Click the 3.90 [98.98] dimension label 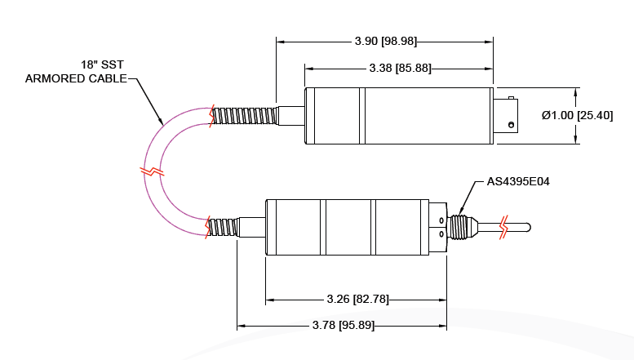(x=384, y=41)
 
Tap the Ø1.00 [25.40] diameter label (x=577, y=115)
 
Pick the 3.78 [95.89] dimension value (x=344, y=325)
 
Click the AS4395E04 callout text (x=518, y=181)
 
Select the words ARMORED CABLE (x=76, y=78)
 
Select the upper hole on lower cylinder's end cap (x=441, y=220)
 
